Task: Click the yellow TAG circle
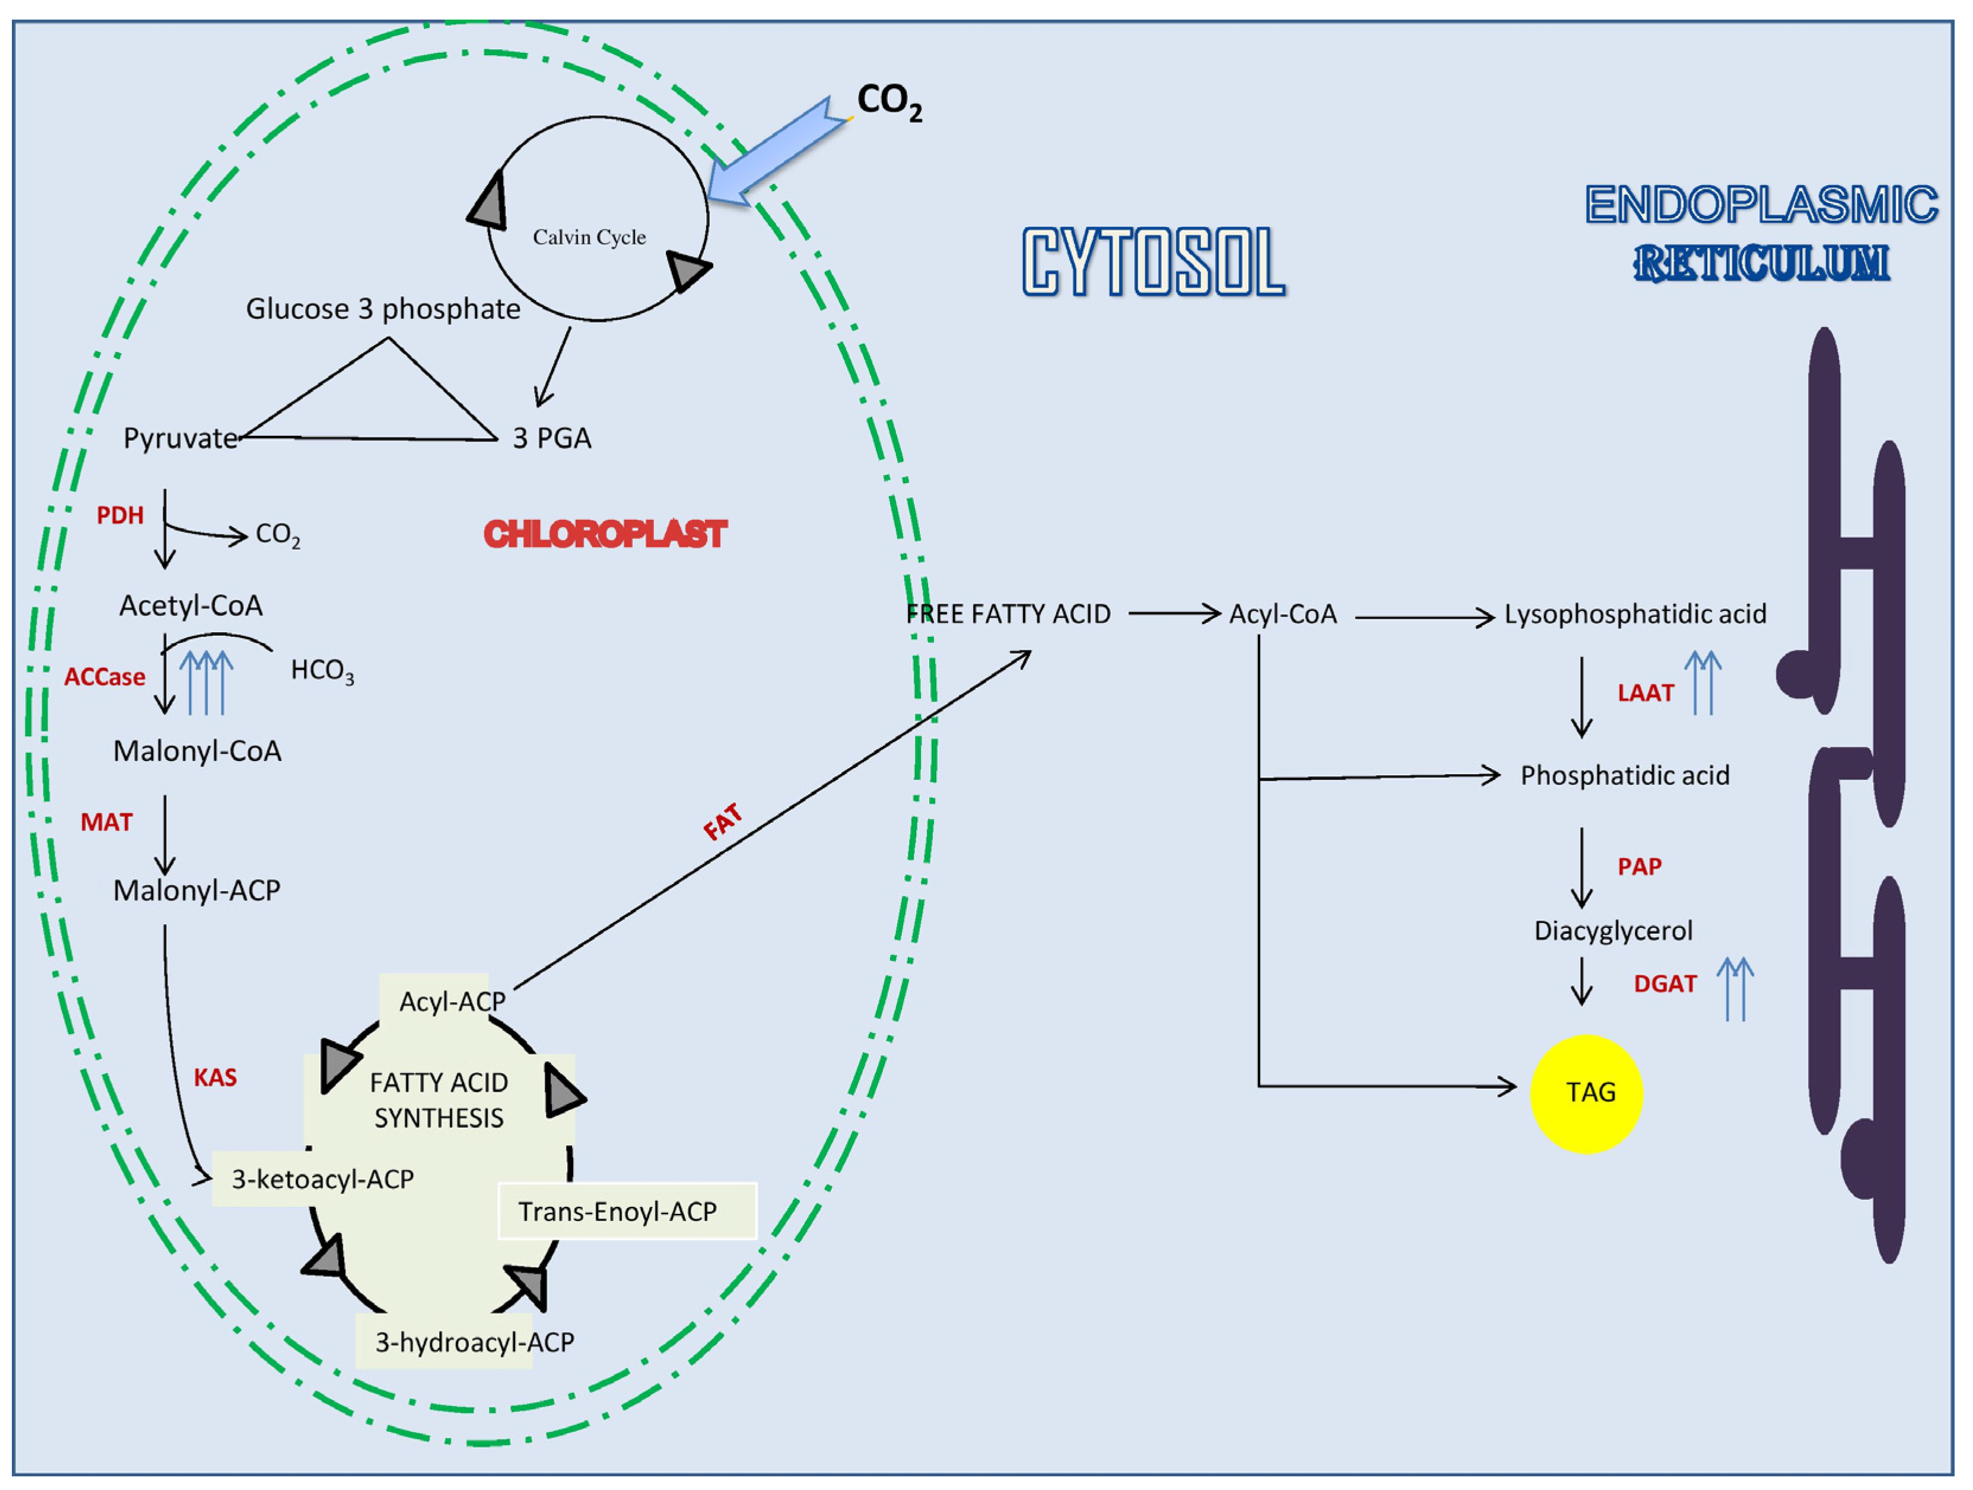click(x=1586, y=1094)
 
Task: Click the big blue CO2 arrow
click(x=776, y=154)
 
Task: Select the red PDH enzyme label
click(x=120, y=516)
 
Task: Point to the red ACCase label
click(x=104, y=677)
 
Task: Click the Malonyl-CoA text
click(x=197, y=752)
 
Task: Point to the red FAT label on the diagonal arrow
click(x=723, y=822)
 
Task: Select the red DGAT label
click(x=1665, y=984)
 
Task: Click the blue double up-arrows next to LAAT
click(x=1703, y=683)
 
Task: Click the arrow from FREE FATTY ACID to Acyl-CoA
click(x=1174, y=614)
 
